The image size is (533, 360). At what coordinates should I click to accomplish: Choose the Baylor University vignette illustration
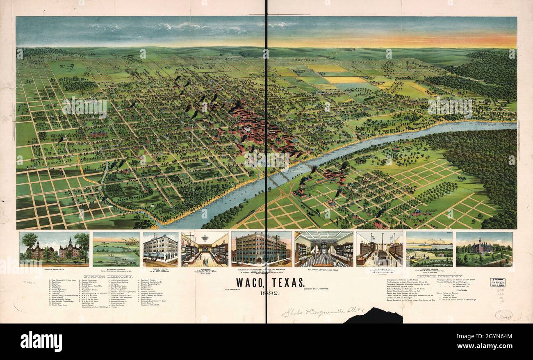coord(54,249)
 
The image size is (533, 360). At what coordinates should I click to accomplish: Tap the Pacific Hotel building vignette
coord(160,249)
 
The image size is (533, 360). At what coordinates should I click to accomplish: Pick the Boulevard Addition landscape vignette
coord(116,249)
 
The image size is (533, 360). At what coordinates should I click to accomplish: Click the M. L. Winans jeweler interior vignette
coord(323,249)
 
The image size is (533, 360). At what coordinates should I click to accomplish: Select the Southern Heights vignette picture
coord(429,249)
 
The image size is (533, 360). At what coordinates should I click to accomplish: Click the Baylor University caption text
coord(54,269)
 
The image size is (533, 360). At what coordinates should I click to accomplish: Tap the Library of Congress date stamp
coord(498,282)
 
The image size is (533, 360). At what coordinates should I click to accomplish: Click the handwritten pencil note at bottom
coord(315,312)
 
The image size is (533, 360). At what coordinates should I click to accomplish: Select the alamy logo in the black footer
coord(41,341)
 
